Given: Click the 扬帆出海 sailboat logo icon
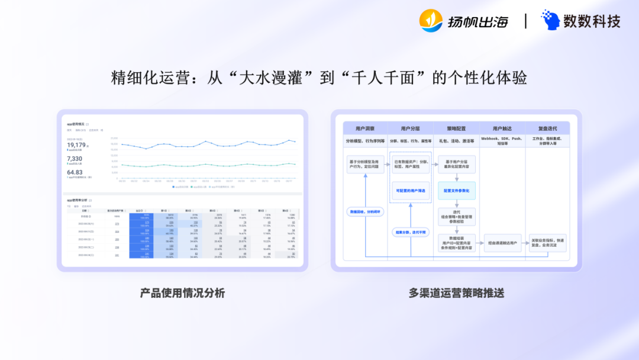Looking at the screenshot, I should click(x=431, y=21).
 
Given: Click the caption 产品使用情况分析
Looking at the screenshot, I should click(x=182, y=293).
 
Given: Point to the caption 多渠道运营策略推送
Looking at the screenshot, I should click(x=456, y=293).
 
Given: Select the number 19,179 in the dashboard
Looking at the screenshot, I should click(x=76, y=145).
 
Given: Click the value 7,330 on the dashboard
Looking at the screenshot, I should click(x=75, y=159).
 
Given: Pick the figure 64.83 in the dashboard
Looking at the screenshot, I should click(x=75, y=172).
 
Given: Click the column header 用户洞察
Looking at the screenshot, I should click(x=365, y=128).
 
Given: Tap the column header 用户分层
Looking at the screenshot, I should click(x=410, y=128).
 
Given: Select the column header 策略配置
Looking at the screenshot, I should click(x=456, y=128).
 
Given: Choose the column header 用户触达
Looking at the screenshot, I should click(x=502, y=128).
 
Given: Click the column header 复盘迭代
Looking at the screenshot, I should click(x=547, y=128).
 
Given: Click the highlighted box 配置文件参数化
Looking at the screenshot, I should click(x=456, y=191).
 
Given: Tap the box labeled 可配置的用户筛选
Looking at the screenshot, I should click(x=410, y=191).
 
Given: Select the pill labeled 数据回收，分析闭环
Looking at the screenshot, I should click(x=365, y=211).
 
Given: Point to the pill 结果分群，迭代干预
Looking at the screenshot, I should click(x=410, y=232).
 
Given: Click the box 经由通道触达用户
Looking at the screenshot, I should click(x=502, y=242).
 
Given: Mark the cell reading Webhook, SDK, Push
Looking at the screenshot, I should click(x=502, y=141).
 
